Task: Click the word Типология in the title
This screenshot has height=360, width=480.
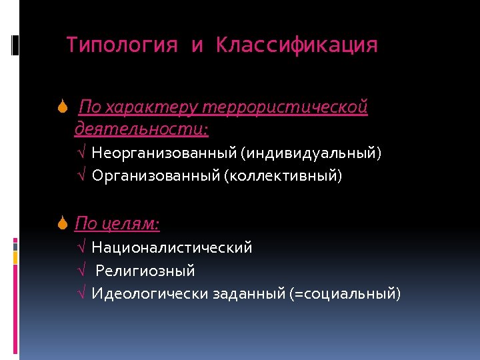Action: click(122, 45)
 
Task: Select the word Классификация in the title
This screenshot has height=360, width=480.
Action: click(297, 45)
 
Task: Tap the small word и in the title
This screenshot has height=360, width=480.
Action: click(197, 46)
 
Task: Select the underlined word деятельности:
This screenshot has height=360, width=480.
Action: click(141, 127)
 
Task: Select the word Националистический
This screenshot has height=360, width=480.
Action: click(172, 248)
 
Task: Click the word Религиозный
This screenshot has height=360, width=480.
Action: click(145, 271)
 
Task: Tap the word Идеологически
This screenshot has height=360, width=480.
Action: click(150, 293)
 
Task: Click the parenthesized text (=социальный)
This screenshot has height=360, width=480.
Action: click(345, 293)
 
